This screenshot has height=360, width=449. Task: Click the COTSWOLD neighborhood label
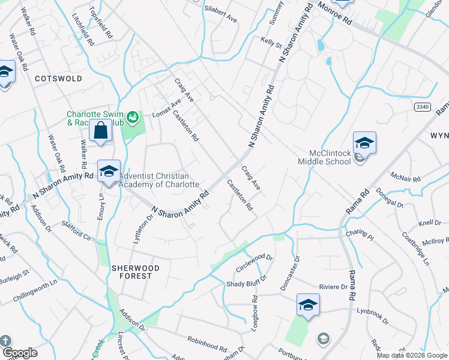[x=58, y=79]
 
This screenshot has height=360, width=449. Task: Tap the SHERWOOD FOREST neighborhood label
[x=135, y=272]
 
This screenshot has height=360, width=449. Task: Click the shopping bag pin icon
[x=101, y=131]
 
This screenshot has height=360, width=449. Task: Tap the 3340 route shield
[x=421, y=106]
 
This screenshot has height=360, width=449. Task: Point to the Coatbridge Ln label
[x=416, y=249]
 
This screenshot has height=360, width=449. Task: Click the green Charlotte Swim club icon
[x=133, y=115]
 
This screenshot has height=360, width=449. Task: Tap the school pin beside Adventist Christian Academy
[x=109, y=171]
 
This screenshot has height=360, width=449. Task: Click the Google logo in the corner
[x=20, y=353]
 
